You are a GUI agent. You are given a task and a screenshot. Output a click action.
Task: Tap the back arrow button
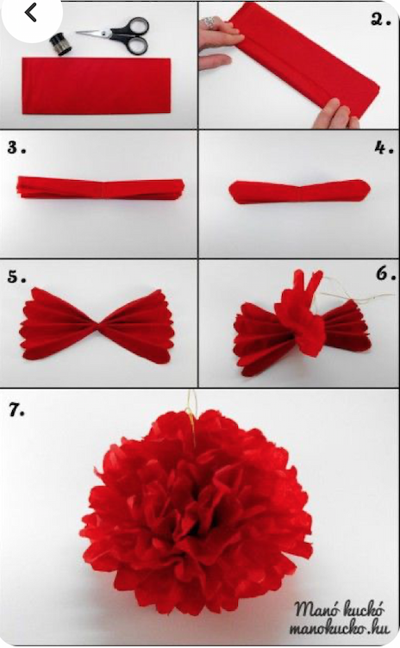[30, 13]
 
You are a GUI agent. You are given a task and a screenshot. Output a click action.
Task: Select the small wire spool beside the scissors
[61, 45]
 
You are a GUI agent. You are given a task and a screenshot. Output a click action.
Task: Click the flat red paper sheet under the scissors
[96, 86]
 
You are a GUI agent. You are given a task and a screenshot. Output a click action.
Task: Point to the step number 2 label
[380, 20]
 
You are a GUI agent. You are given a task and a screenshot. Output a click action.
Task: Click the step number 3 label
[16, 147]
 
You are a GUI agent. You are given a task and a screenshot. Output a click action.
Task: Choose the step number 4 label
[384, 147]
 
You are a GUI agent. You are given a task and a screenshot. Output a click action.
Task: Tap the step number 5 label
[16, 277]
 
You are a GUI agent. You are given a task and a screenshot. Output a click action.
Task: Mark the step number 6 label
[385, 273]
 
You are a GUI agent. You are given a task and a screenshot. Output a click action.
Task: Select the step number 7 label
[16, 409]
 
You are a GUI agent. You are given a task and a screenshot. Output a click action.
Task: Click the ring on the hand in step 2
[210, 22]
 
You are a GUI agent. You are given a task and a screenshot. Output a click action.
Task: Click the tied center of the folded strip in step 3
[101, 189]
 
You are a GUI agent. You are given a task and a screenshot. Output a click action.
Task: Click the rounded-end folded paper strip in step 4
[299, 192]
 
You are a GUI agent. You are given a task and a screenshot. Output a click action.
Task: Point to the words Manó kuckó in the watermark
[339, 609]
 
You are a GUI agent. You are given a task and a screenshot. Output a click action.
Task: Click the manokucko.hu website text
[339, 628]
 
